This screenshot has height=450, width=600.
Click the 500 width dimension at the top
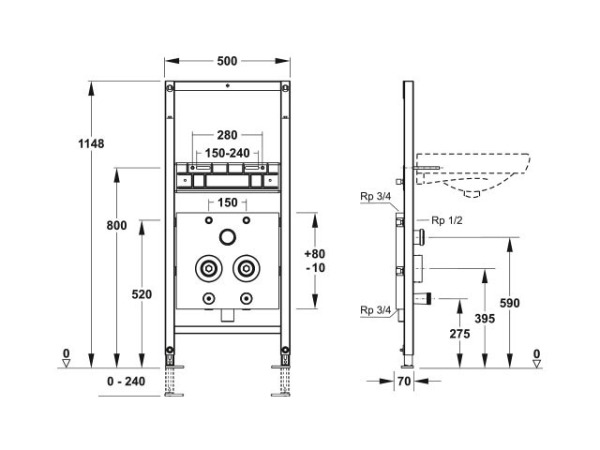pyautogui.click(x=226, y=61)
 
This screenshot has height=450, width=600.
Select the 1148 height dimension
pyautogui.click(x=92, y=143)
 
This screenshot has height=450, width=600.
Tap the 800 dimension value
pyautogui.click(x=116, y=225)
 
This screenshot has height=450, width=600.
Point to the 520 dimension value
pyautogui.click(x=142, y=294)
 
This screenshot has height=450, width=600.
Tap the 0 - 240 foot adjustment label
pyautogui.click(x=127, y=382)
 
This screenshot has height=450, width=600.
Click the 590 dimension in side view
pyautogui.click(x=510, y=303)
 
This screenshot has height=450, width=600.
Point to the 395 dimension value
pyautogui.click(x=484, y=320)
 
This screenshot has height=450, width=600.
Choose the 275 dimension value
pyautogui.click(x=458, y=333)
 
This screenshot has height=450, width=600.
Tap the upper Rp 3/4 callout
pyautogui.click(x=373, y=196)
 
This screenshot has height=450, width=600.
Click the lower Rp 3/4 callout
pyautogui.click(x=373, y=310)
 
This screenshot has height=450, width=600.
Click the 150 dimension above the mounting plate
pyautogui.click(x=227, y=203)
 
